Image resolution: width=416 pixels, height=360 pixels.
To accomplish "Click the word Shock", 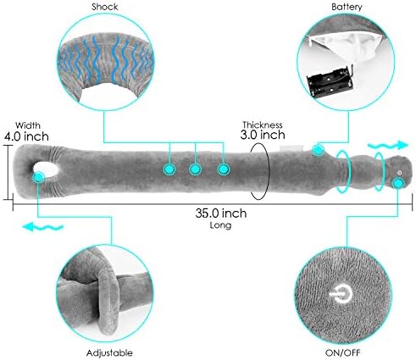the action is [x=104, y=7].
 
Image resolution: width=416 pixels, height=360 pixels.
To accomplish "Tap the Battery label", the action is [x=347, y=7].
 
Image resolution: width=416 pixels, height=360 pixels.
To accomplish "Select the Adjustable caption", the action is [x=109, y=352].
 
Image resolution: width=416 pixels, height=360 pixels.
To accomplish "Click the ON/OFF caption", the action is [x=343, y=352].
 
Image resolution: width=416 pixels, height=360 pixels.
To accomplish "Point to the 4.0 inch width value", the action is [x=26, y=136].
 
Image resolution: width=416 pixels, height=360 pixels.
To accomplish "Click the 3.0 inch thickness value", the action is [x=263, y=135].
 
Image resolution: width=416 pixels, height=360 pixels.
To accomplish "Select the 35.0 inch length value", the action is [x=221, y=213].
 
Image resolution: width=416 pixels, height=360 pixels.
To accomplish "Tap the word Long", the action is [x=220, y=225].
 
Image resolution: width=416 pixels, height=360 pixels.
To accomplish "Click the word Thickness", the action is [x=263, y=125].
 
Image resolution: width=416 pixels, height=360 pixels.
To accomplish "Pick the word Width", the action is [x=28, y=125].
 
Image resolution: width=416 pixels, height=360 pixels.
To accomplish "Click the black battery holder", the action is [x=330, y=82].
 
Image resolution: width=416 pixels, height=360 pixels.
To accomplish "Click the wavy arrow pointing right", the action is [x=388, y=146].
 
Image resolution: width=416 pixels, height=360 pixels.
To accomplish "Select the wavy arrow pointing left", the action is [x=42, y=226].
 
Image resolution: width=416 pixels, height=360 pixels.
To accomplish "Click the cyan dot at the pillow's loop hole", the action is [x=38, y=178].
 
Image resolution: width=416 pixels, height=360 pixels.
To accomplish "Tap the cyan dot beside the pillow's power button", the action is [x=398, y=184].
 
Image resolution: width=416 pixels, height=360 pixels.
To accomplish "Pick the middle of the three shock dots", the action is [x=195, y=169].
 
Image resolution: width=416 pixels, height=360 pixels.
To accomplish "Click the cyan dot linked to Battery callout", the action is [x=318, y=150].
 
